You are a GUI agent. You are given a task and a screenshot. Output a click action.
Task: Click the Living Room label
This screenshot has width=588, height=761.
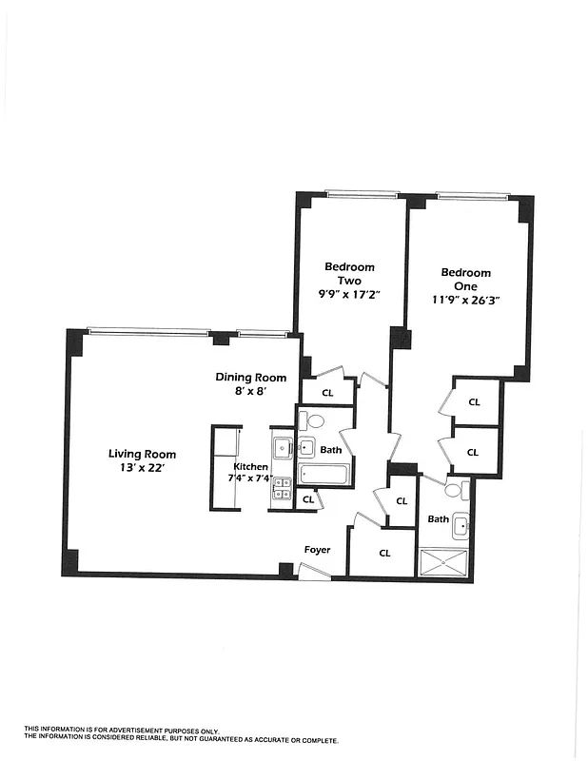click(x=142, y=454)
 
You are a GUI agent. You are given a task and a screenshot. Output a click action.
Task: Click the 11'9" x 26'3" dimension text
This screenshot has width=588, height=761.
click(x=466, y=299)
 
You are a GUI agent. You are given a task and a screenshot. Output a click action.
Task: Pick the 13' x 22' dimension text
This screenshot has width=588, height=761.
click(x=142, y=469)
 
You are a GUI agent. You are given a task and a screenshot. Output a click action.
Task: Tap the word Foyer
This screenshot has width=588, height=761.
click(x=317, y=550)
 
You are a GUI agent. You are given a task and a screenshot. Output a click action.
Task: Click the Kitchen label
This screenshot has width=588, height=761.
click(x=251, y=466)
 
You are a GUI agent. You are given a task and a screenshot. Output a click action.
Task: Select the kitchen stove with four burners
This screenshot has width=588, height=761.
click(x=283, y=489)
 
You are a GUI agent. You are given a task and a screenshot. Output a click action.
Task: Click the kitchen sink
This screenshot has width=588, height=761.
click(x=283, y=446)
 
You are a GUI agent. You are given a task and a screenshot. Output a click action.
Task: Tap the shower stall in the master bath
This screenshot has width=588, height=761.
click(x=443, y=562)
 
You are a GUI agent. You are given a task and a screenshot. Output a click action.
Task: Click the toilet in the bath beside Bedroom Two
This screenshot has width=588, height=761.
click(x=315, y=420)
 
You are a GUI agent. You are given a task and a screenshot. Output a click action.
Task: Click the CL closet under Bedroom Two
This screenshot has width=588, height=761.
click(x=327, y=392)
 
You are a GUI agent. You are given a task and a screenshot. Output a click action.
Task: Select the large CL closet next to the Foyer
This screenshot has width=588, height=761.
click(x=385, y=553)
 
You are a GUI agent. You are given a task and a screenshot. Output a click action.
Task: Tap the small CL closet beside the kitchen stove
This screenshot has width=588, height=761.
click(x=306, y=498)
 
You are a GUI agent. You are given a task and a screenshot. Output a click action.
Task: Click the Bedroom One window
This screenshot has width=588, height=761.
click(x=472, y=196)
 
